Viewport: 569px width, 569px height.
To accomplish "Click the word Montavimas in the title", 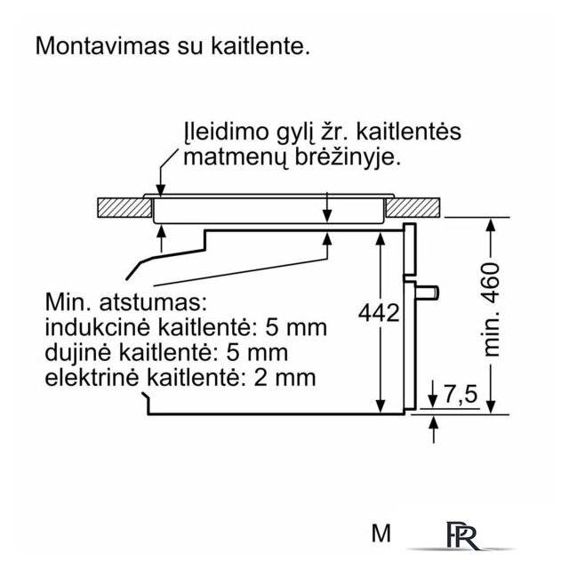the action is point(103,46).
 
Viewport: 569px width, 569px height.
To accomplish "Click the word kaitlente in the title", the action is point(260,46).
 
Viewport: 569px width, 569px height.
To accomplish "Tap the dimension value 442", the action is point(379,313).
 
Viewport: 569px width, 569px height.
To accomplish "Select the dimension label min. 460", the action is point(492,309).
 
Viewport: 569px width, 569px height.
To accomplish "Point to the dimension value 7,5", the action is point(461,394).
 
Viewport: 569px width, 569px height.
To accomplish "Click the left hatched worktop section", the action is point(124,207).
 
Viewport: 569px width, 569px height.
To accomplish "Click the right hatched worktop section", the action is point(413,207).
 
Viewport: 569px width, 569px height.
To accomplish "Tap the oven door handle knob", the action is point(428,293).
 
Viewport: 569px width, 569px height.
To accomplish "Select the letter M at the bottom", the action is point(381,533).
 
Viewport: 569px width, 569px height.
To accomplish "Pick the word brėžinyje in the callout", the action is point(348,158).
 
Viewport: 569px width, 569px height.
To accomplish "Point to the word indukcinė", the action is point(97,327).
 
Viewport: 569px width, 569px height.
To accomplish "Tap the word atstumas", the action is point(153,302).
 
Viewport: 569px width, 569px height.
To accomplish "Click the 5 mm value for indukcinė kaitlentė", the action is point(296,327).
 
